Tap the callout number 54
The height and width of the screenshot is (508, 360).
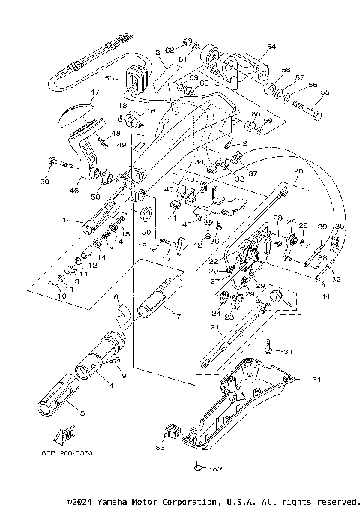tap(271, 47)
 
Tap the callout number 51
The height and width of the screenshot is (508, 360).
tap(316, 380)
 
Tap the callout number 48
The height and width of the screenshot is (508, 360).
tap(116, 134)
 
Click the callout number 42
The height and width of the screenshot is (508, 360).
tap(197, 245)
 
